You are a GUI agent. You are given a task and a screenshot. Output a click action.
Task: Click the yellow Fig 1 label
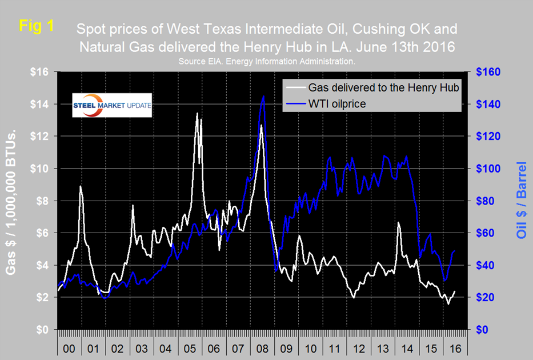(36, 26)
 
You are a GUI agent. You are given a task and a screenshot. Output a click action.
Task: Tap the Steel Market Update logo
(112, 105)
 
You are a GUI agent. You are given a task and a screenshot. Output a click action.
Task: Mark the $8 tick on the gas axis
(45, 201)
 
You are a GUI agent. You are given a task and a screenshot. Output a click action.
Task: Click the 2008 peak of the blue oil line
(263, 97)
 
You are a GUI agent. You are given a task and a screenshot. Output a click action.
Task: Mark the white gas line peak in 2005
(197, 113)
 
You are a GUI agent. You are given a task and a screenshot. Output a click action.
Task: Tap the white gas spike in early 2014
(398, 222)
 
